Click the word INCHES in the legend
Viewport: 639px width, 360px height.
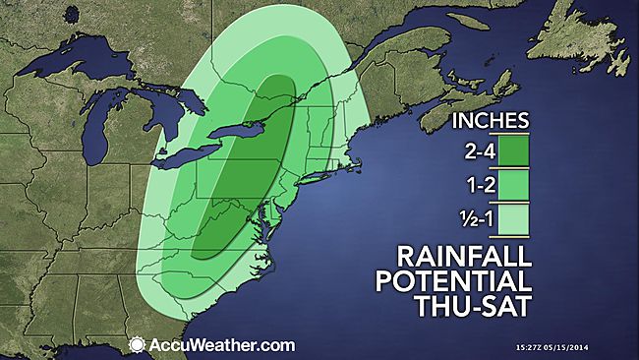(x=491, y=121)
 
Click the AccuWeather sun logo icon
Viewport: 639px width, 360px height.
(x=137, y=345)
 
